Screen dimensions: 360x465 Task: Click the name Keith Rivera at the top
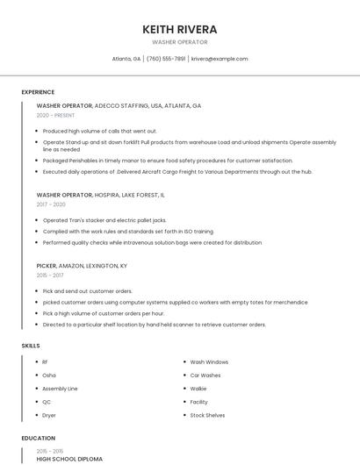179,30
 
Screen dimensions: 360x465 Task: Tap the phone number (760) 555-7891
166,59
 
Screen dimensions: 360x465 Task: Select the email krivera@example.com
220,59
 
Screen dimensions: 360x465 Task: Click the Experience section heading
38,92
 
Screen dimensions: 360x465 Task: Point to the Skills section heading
31,346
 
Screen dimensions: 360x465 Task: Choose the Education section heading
39,438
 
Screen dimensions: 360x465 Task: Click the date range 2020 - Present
55,115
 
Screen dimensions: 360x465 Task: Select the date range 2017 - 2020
51,204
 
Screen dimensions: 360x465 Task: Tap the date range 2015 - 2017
50,275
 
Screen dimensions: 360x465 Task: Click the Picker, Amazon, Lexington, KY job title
82,265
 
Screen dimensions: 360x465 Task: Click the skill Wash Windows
209,361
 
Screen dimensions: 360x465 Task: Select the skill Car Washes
205,375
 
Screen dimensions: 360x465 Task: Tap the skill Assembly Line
60,388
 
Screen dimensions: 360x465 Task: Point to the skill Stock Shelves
207,414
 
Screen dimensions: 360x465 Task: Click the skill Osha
49,375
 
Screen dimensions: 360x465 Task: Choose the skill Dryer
49,414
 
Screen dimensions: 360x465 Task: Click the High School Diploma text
69,459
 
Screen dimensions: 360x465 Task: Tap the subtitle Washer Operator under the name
179,42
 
